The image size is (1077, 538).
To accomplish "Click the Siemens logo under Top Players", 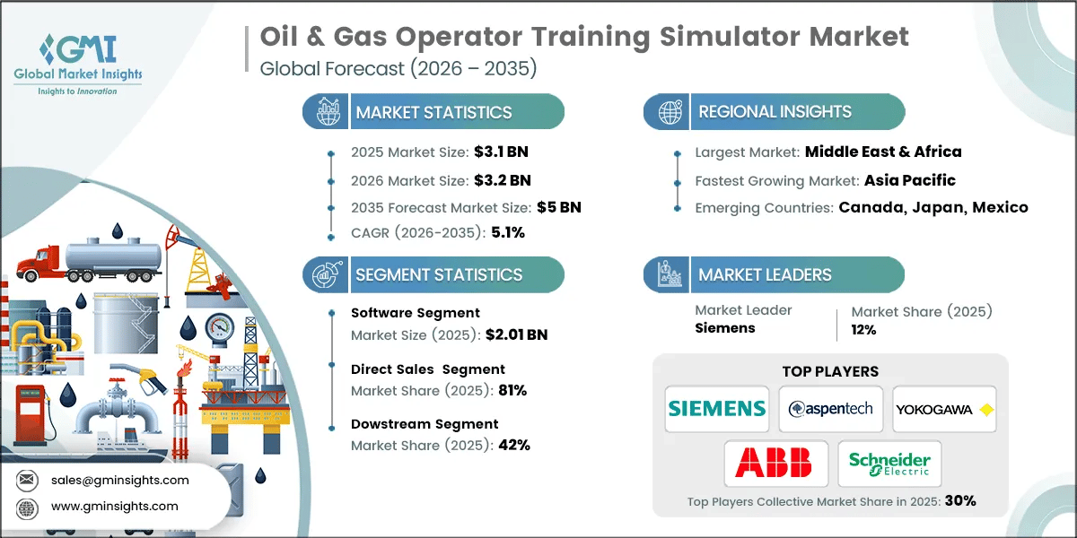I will (x=716, y=409).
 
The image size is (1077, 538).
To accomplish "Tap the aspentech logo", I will (x=830, y=409).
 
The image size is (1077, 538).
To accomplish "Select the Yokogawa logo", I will (x=945, y=409).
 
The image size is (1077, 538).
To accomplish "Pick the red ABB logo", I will (x=773, y=463).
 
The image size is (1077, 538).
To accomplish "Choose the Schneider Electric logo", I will (x=889, y=463).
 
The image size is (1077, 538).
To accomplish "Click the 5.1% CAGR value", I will (x=506, y=232).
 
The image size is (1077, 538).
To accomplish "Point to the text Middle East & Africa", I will (x=883, y=152).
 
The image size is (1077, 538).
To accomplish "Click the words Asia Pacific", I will (x=909, y=180).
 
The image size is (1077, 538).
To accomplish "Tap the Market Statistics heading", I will (x=433, y=112).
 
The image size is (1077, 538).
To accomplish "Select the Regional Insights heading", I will (x=775, y=112).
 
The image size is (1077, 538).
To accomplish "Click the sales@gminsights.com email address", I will (x=119, y=480).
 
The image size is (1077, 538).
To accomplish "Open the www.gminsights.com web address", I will (x=114, y=506).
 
